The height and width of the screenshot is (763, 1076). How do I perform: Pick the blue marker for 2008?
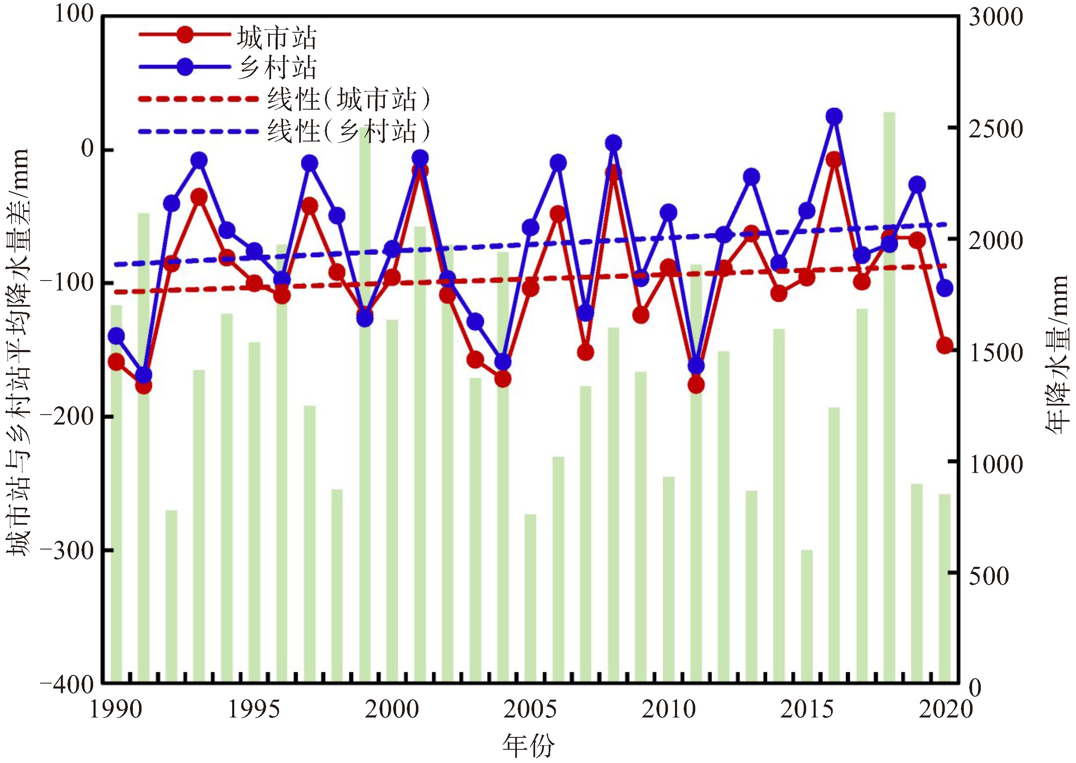click(613, 143)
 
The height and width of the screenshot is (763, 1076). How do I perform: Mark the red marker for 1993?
click(199, 197)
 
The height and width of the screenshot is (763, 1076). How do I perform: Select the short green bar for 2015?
click(807, 615)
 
